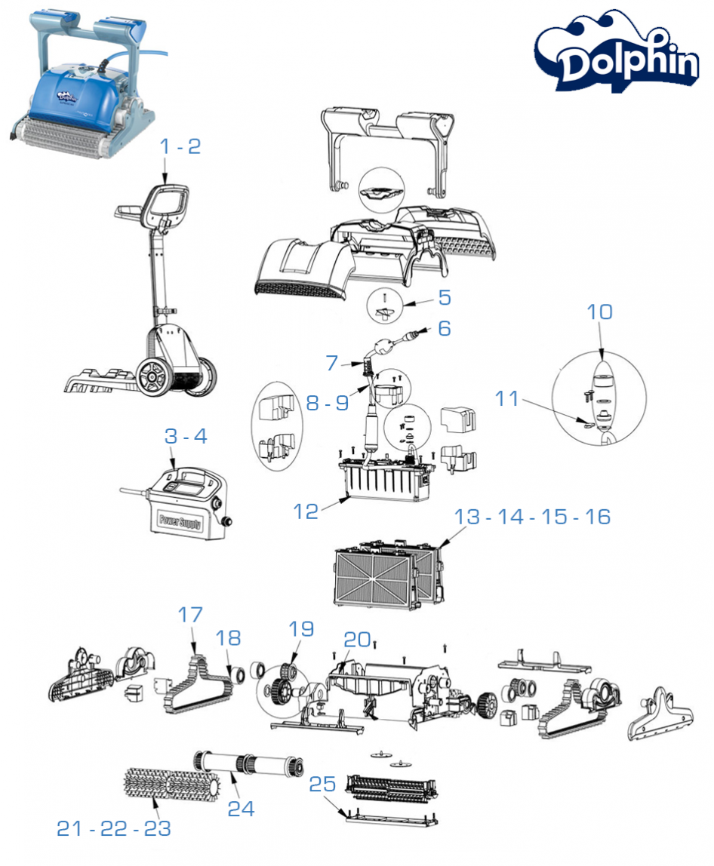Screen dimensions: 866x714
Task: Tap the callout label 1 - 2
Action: coord(180,147)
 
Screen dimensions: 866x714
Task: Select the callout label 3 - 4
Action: coord(185,436)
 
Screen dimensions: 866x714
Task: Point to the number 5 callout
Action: coord(445,297)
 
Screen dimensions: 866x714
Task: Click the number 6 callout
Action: coord(443,329)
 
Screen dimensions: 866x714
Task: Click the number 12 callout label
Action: coord(306,511)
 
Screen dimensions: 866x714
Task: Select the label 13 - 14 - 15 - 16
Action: coord(532,517)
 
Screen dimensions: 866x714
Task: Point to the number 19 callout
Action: coord(301,628)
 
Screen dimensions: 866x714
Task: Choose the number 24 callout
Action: coord(242,809)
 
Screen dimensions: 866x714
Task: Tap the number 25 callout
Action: coord(322,785)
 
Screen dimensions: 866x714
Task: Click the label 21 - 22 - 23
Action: coord(114,828)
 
